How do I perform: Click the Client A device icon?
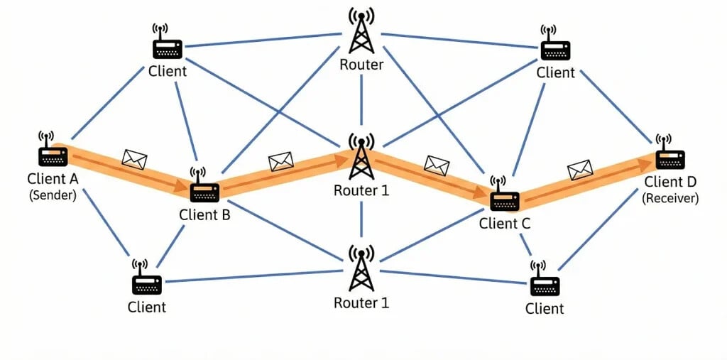point(53,156)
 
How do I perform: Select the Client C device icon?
point(505,200)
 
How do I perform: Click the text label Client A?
point(53,178)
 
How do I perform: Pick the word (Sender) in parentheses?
point(53,195)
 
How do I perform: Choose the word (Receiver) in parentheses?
point(670,200)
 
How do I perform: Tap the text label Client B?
point(204,214)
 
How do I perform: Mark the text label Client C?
point(505,224)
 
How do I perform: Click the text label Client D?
point(671,183)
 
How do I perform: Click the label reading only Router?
point(361,65)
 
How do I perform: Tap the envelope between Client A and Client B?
point(133,159)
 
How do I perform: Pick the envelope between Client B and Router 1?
point(281,162)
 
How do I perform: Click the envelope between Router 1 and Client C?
point(437,165)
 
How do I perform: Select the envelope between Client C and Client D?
point(580,170)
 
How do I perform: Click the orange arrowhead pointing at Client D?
point(647,163)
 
